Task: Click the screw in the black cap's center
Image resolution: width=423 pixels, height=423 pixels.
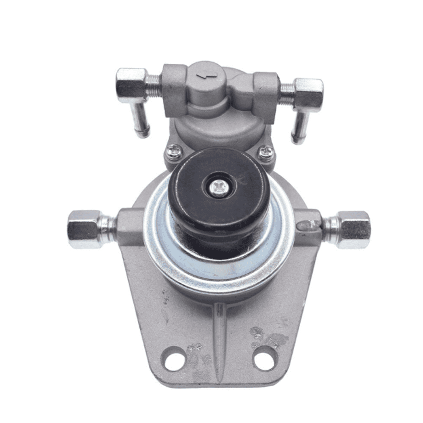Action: tap(219, 188)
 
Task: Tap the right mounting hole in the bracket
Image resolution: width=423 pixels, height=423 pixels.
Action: tap(264, 357)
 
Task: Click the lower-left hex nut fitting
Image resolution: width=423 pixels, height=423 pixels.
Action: tap(85, 228)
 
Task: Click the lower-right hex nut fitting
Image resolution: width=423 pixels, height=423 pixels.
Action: tap(353, 229)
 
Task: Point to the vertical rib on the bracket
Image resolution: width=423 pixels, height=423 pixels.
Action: tap(219, 338)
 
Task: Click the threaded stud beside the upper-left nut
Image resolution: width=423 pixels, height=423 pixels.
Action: tap(155, 81)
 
